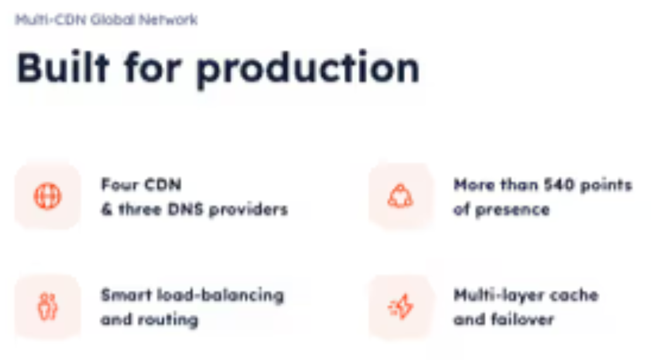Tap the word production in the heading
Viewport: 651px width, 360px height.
click(307, 69)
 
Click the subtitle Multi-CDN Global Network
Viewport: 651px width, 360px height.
click(106, 20)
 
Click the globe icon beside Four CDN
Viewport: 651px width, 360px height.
click(47, 196)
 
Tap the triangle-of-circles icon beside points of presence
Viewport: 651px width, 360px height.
click(400, 196)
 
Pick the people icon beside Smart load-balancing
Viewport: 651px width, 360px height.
click(47, 306)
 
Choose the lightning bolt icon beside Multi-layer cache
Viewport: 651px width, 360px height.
click(400, 306)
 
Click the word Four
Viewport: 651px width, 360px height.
click(119, 185)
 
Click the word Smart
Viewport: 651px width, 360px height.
click(123, 294)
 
